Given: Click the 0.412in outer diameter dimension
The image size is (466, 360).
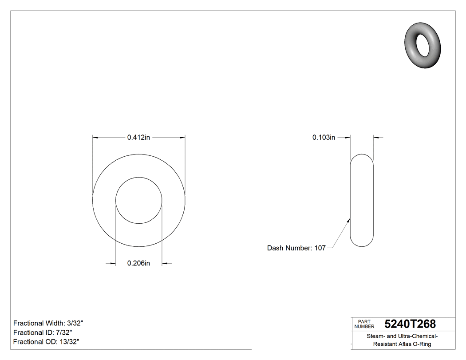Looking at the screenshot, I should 138,138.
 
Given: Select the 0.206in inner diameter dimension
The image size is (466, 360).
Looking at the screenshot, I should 138,263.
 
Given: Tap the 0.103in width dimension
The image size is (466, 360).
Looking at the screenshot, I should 324,138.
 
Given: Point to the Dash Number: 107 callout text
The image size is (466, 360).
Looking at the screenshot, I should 296,248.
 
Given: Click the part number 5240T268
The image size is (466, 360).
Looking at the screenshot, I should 410,324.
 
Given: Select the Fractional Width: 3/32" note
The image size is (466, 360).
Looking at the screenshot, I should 48,323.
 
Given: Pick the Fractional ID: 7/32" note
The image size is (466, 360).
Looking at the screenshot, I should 43,332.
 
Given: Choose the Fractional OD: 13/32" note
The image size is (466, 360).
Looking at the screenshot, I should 46,342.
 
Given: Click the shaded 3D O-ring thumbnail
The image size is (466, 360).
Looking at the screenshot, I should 423,45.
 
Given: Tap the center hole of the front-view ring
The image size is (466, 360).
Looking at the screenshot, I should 139,200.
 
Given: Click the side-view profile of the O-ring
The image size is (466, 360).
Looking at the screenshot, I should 362,200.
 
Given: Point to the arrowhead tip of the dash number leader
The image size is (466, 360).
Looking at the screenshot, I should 350,218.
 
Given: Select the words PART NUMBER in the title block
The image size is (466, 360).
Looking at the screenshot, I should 364,324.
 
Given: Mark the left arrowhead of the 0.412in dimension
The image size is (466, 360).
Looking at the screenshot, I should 95,138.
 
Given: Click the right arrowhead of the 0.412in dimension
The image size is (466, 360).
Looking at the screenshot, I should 183,138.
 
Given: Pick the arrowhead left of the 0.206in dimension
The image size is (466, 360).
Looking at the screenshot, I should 113,264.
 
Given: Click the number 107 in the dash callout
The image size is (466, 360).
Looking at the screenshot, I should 320,248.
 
